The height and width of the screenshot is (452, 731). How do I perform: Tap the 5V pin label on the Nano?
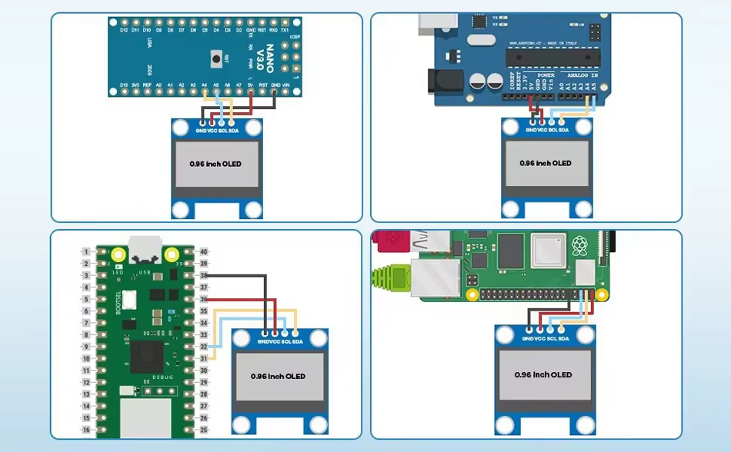pos(251,85)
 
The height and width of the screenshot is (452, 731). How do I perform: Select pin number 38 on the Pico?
pos(203,275)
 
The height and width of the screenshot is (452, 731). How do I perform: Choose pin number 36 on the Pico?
pos(203,299)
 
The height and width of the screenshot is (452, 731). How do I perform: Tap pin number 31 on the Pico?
pos(203,358)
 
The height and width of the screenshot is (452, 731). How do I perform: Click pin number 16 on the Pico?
pos(86,430)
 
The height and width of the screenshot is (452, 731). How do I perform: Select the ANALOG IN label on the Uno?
pos(582,75)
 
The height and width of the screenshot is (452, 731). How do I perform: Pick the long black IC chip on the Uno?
pos(552,57)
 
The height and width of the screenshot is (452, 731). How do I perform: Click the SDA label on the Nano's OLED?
pos(233,131)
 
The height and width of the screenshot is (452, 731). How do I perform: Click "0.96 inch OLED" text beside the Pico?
pos(278,376)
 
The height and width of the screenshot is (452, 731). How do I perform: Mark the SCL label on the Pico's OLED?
pos(285,341)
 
